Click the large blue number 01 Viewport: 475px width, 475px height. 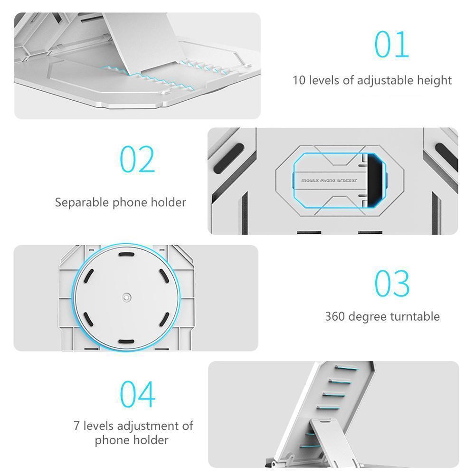(392, 44)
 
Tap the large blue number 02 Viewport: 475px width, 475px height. (137, 159)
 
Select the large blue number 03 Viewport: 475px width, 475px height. (392, 283)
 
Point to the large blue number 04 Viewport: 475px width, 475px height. (138, 394)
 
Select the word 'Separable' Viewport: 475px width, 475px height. (82, 202)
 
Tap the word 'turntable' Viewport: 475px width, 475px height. (415, 316)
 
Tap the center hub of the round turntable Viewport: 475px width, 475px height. (127, 297)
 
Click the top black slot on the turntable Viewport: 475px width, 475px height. (126, 255)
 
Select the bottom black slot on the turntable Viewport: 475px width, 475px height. (126, 342)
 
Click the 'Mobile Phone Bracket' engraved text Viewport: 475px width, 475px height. (329, 180)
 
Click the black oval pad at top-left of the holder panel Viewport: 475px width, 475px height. (229, 158)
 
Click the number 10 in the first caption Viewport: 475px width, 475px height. (299, 81)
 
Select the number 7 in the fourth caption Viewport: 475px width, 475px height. (76, 426)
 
